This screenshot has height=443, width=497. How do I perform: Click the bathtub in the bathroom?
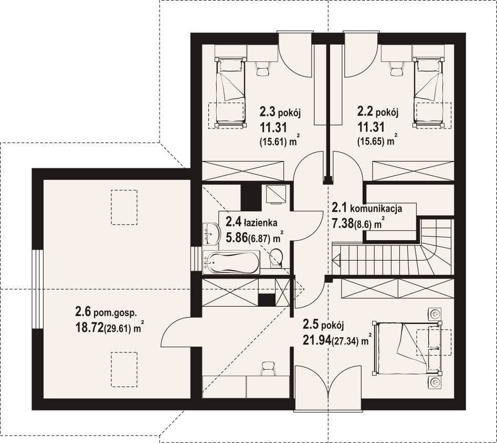point(231,263)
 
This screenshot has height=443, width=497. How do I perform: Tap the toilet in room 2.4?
point(276,257)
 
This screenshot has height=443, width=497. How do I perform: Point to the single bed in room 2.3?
point(230,92)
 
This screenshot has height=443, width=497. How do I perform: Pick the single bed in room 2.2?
point(428,92)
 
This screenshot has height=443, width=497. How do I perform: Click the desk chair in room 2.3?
point(262,68)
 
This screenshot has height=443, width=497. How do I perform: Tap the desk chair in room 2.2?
point(396,68)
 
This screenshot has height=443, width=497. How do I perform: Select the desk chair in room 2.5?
point(268,369)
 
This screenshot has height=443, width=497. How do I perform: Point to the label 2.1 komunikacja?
point(367,208)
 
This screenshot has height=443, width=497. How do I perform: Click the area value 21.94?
point(317,340)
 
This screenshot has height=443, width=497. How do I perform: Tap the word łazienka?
point(260,223)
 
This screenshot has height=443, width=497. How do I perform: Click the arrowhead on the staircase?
point(336,258)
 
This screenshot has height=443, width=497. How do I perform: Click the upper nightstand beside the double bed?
point(436,314)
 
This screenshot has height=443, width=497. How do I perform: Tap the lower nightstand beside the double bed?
point(436,382)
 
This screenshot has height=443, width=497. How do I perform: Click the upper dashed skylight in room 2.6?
point(124,208)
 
